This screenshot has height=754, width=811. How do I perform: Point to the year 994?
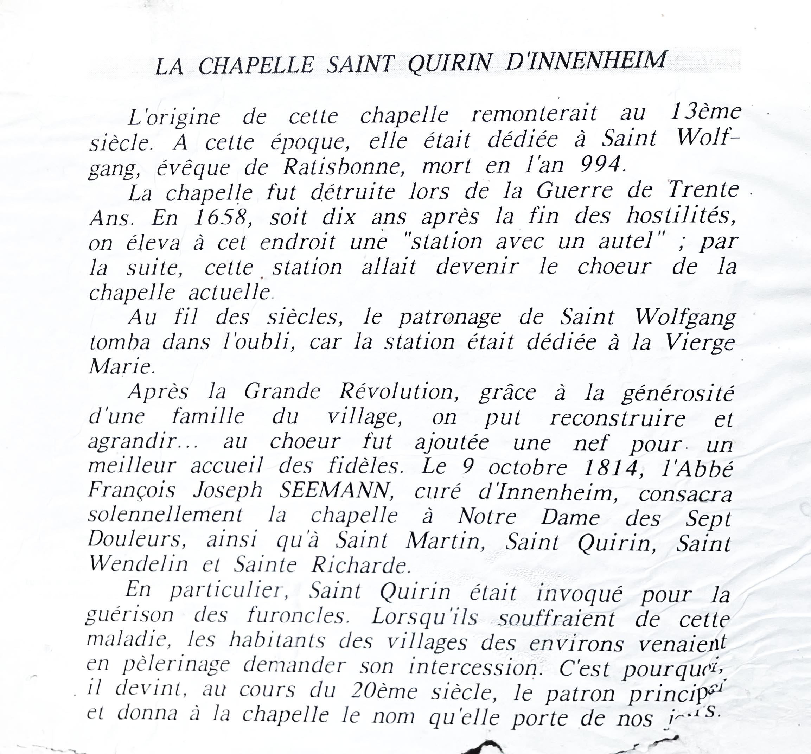pos(602,165)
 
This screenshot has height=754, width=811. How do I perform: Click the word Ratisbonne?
pos(344,166)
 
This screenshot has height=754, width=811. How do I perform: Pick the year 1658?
pos(221,217)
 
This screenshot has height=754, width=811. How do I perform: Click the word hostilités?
pos(681,216)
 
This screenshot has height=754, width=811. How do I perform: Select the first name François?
pos(132,491)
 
